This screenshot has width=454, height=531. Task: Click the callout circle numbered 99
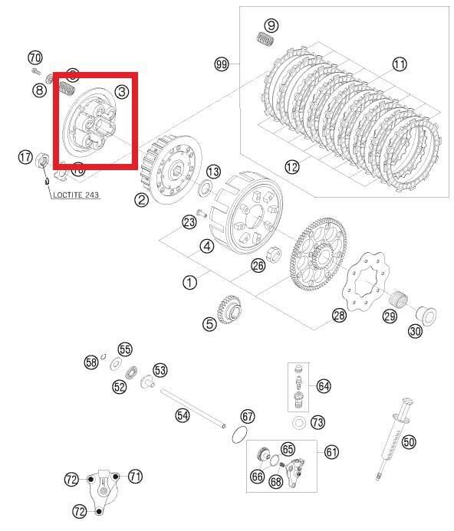pos(222,64)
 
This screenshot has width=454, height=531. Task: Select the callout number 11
pos(400,64)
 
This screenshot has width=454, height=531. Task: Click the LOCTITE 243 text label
pos(76,195)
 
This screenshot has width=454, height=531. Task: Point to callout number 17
pos(25,157)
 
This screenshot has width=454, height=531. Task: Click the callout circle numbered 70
pos(35,57)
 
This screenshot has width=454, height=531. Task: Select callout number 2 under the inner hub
pos(141,200)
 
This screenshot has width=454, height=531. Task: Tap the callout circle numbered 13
pos(213,172)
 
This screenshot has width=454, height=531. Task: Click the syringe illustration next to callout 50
pos(396,438)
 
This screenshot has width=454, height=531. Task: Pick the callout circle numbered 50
pos(409,441)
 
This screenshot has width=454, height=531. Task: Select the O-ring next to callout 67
pos(240,436)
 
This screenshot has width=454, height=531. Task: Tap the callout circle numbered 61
pos(331,452)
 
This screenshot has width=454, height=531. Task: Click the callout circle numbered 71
pos(135,477)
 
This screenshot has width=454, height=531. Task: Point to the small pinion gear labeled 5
pos(230,311)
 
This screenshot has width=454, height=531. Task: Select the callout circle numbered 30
pos(414,331)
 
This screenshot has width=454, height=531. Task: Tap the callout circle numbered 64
pos(324,386)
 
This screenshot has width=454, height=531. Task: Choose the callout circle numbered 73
pos(317,422)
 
